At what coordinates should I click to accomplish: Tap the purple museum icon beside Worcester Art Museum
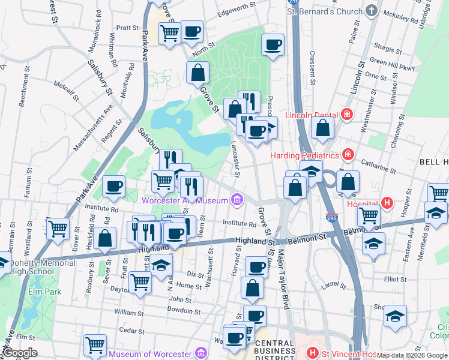pyautogui.click(x=238, y=199)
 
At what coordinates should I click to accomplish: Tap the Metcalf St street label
pyautogui.click(x=66, y=91)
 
